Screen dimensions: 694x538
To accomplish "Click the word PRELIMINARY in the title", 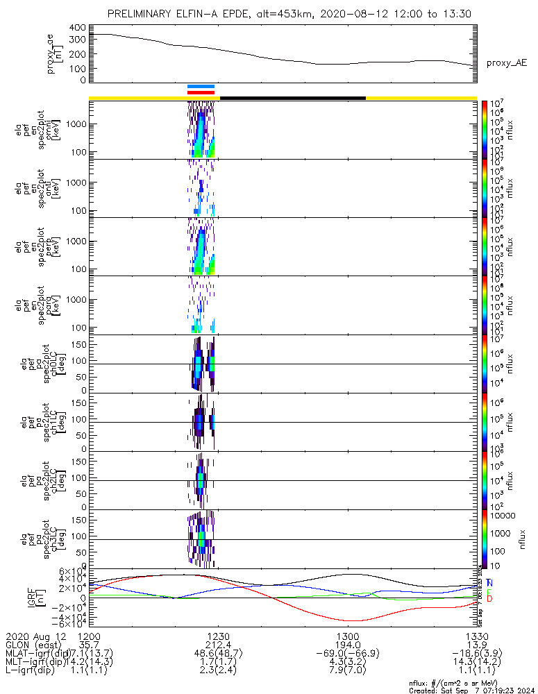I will tap(144, 14).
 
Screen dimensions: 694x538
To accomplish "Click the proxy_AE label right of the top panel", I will tap(506, 63).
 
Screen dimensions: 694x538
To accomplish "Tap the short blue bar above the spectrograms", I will tap(201, 87).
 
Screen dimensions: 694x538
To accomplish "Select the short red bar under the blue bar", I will tap(201, 92).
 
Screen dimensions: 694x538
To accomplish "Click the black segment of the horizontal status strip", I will tap(292, 98).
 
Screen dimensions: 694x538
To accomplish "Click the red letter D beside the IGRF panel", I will tap(490, 599).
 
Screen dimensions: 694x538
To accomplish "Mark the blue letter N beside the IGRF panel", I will tap(490, 583).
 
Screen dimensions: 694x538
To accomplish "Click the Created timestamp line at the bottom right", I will tap(469, 690).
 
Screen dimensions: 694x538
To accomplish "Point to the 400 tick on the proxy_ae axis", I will tap(76, 27).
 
